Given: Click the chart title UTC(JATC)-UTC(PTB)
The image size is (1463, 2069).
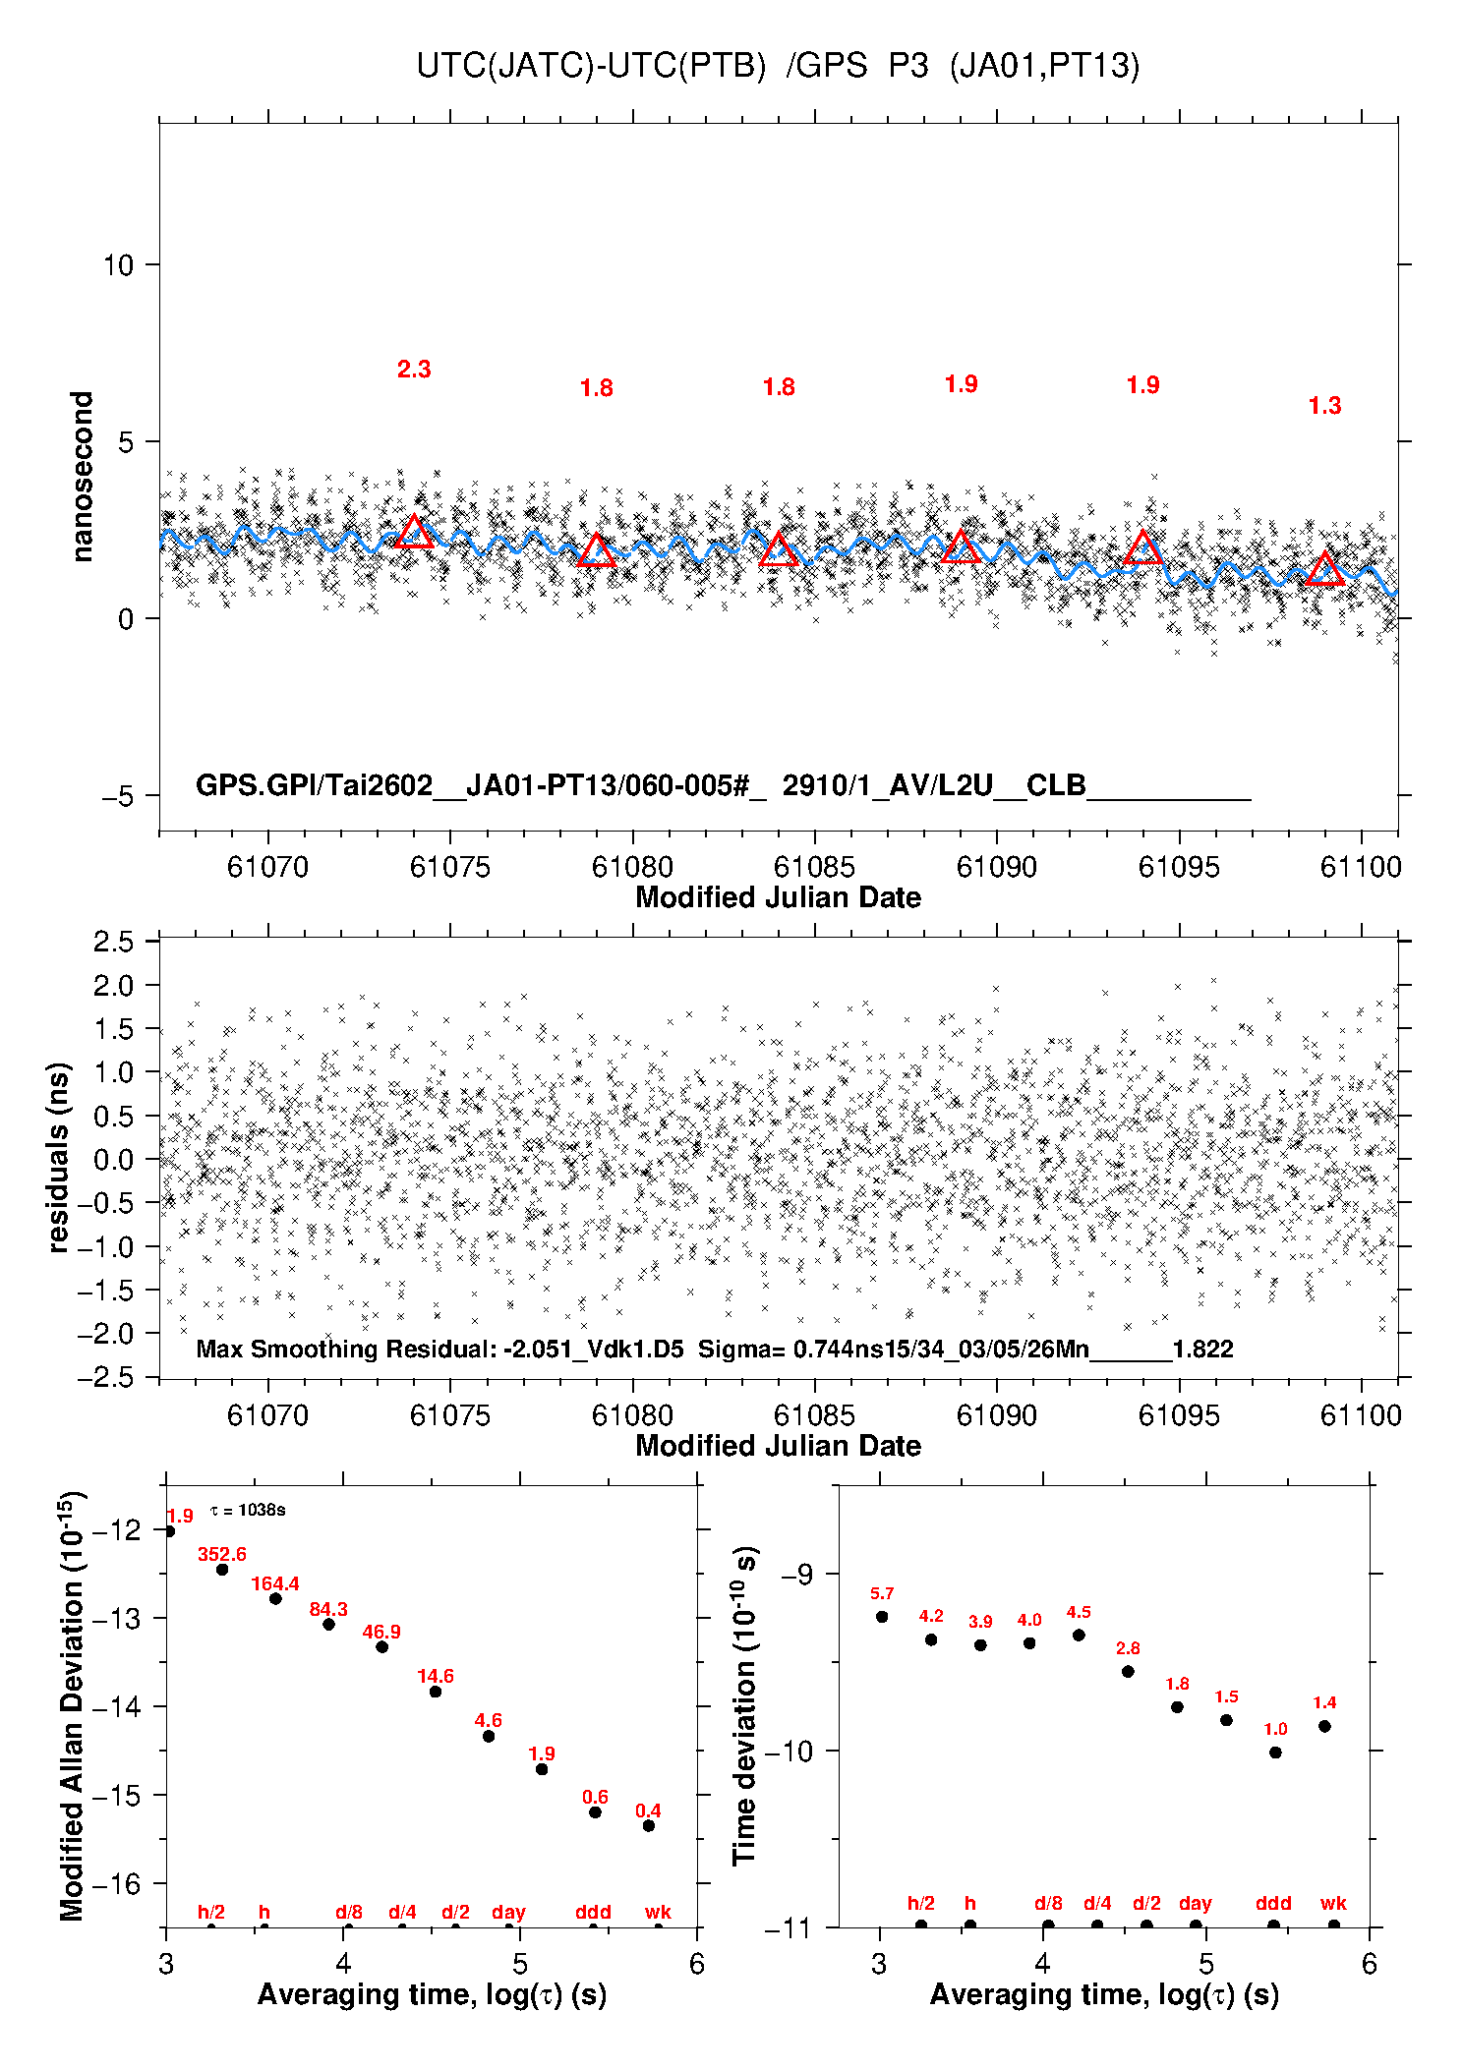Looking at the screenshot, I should tap(591, 65).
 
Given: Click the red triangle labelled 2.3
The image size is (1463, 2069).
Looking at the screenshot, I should tap(414, 533).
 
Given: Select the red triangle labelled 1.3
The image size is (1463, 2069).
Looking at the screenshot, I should tap(1324, 569).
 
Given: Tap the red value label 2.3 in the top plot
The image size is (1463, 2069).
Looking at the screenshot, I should tap(414, 370).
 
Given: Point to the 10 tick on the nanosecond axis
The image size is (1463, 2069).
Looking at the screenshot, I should tap(118, 264).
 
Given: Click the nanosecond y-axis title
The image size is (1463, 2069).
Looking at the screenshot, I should tap(82, 477).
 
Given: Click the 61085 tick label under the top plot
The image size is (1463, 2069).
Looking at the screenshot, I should tap(814, 867).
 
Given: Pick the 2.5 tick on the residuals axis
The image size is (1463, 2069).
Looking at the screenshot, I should tap(113, 942).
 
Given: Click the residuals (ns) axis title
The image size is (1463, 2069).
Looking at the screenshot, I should tap(58, 1157).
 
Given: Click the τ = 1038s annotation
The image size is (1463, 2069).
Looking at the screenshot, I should tap(248, 1510).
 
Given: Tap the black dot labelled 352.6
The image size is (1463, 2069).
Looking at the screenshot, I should tap(222, 1570).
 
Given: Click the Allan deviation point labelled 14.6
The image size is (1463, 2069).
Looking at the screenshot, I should tap(436, 1692).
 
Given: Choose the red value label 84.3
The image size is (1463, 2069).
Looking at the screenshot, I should tap(328, 1609).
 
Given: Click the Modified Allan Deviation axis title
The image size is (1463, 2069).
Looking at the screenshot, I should tap(72, 1705).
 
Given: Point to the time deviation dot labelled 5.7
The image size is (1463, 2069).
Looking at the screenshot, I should tap(882, 1617).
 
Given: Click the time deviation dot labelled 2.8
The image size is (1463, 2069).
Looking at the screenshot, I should tap(1128, 1671).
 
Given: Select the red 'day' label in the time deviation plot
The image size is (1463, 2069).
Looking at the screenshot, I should tap(1196, 1904).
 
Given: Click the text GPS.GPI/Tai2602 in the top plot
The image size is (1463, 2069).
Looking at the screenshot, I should tap(314, 785).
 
